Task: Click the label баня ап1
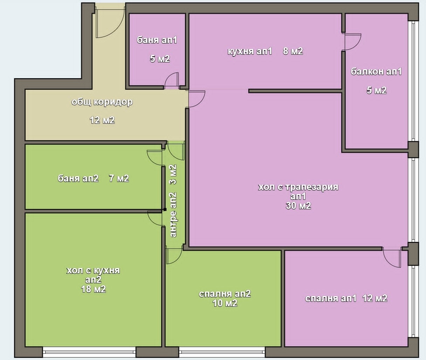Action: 157,40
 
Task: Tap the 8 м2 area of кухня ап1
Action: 293,51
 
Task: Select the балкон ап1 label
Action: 376,72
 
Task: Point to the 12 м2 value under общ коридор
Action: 102,120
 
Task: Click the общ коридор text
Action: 102,102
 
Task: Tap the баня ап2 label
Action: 78,178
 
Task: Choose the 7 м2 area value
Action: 119,178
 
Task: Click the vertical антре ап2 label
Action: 173,215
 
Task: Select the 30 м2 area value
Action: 298,206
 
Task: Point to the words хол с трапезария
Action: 298,187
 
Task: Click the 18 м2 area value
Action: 94,289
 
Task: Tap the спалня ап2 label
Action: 225,294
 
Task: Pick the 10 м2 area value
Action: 225,303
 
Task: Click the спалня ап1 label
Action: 330,299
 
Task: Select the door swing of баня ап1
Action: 172,81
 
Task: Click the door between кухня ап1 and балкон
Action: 352,42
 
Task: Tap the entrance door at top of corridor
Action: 110,23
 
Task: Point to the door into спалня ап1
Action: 392,257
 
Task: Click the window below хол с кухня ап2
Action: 89,352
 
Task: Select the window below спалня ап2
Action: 222,352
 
